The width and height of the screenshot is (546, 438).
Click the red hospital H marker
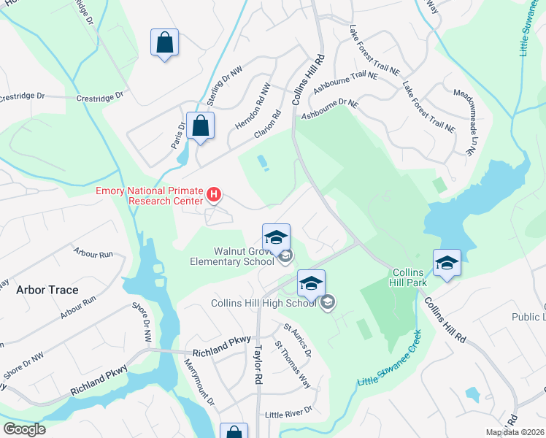coord(214,194)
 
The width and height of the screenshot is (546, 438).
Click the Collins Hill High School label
coord(266,303)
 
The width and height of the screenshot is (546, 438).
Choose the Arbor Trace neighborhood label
coord(47,290)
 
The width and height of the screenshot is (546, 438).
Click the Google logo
coord(24,429)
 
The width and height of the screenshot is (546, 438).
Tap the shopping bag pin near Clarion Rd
coord(200,126)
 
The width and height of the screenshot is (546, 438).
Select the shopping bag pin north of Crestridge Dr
coord(164,42)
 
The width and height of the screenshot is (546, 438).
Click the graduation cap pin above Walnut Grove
coord(277,237)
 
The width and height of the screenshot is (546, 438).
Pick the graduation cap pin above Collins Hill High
coord(311,283)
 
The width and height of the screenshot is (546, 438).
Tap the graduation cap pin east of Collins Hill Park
coord(446,263)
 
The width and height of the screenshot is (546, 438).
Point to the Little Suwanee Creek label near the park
coord(391,359)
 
